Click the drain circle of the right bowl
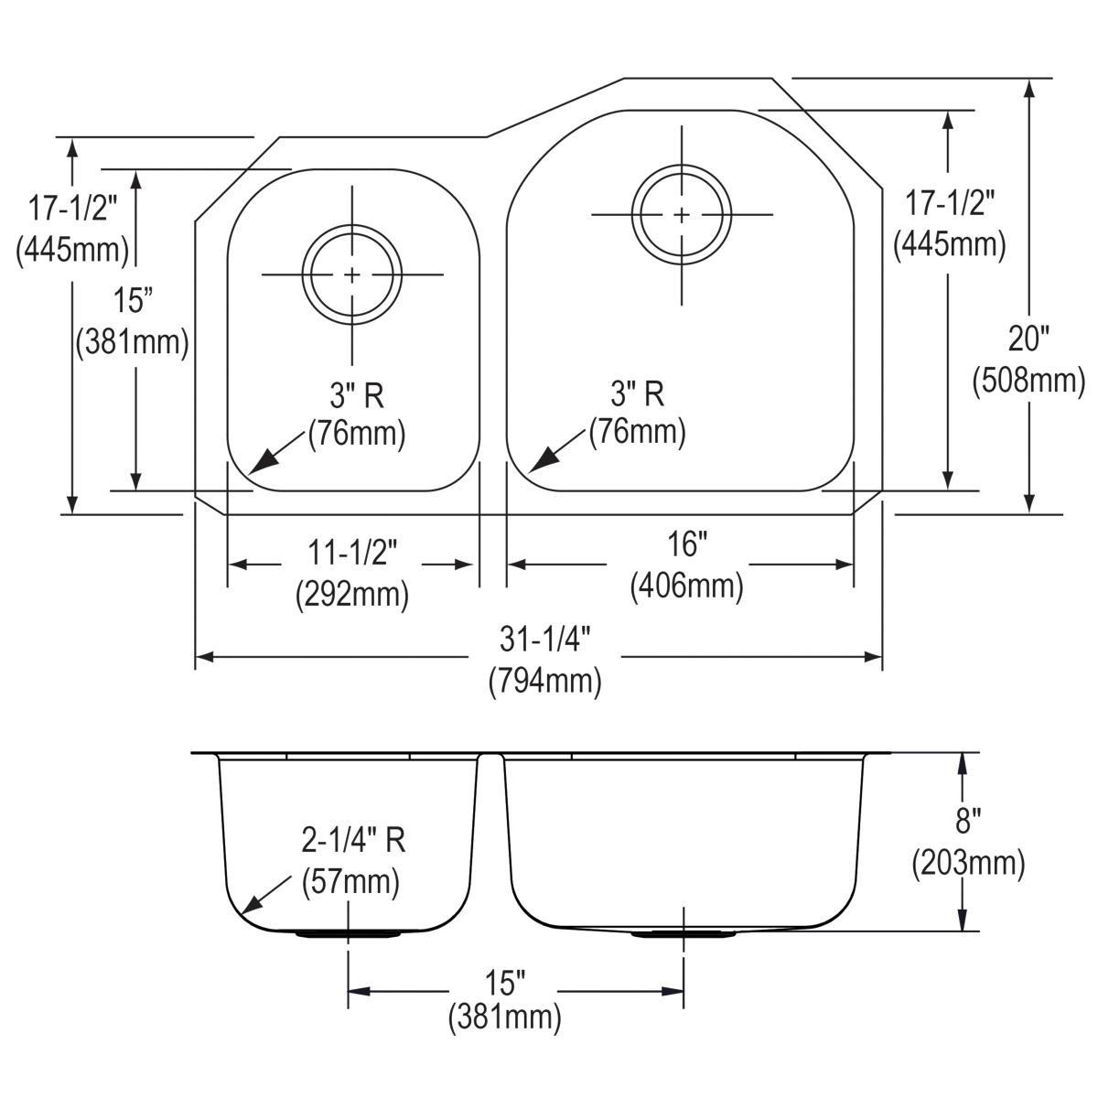[x=682, y=214]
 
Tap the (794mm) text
[x=544, y=681]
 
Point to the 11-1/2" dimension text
[x=352, y=552]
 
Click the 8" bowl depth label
[x=967, y=821]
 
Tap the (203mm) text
[x=967, y=861]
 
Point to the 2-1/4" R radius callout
[x=353, y=840]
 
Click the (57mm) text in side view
[x=351, y=881]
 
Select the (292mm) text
[x=352, y=595]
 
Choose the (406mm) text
[x=685, y=585]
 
